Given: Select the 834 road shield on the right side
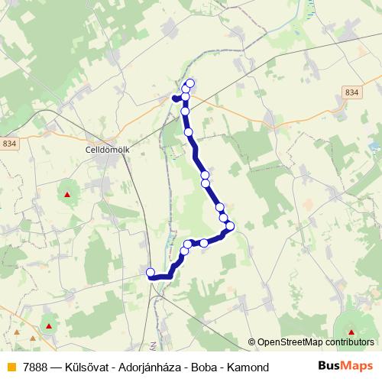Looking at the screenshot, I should (351, 92).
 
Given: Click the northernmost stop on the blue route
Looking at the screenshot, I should (190, 83).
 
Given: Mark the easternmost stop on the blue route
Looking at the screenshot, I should (230, 225).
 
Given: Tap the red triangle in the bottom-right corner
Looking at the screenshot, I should (351, 332).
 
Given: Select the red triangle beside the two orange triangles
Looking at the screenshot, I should (49, 327).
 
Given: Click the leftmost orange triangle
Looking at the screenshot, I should (16, 334).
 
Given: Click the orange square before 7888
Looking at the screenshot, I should (11, 367).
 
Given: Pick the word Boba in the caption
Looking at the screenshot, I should (202, 367).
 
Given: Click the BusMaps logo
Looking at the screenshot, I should (345, 367).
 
